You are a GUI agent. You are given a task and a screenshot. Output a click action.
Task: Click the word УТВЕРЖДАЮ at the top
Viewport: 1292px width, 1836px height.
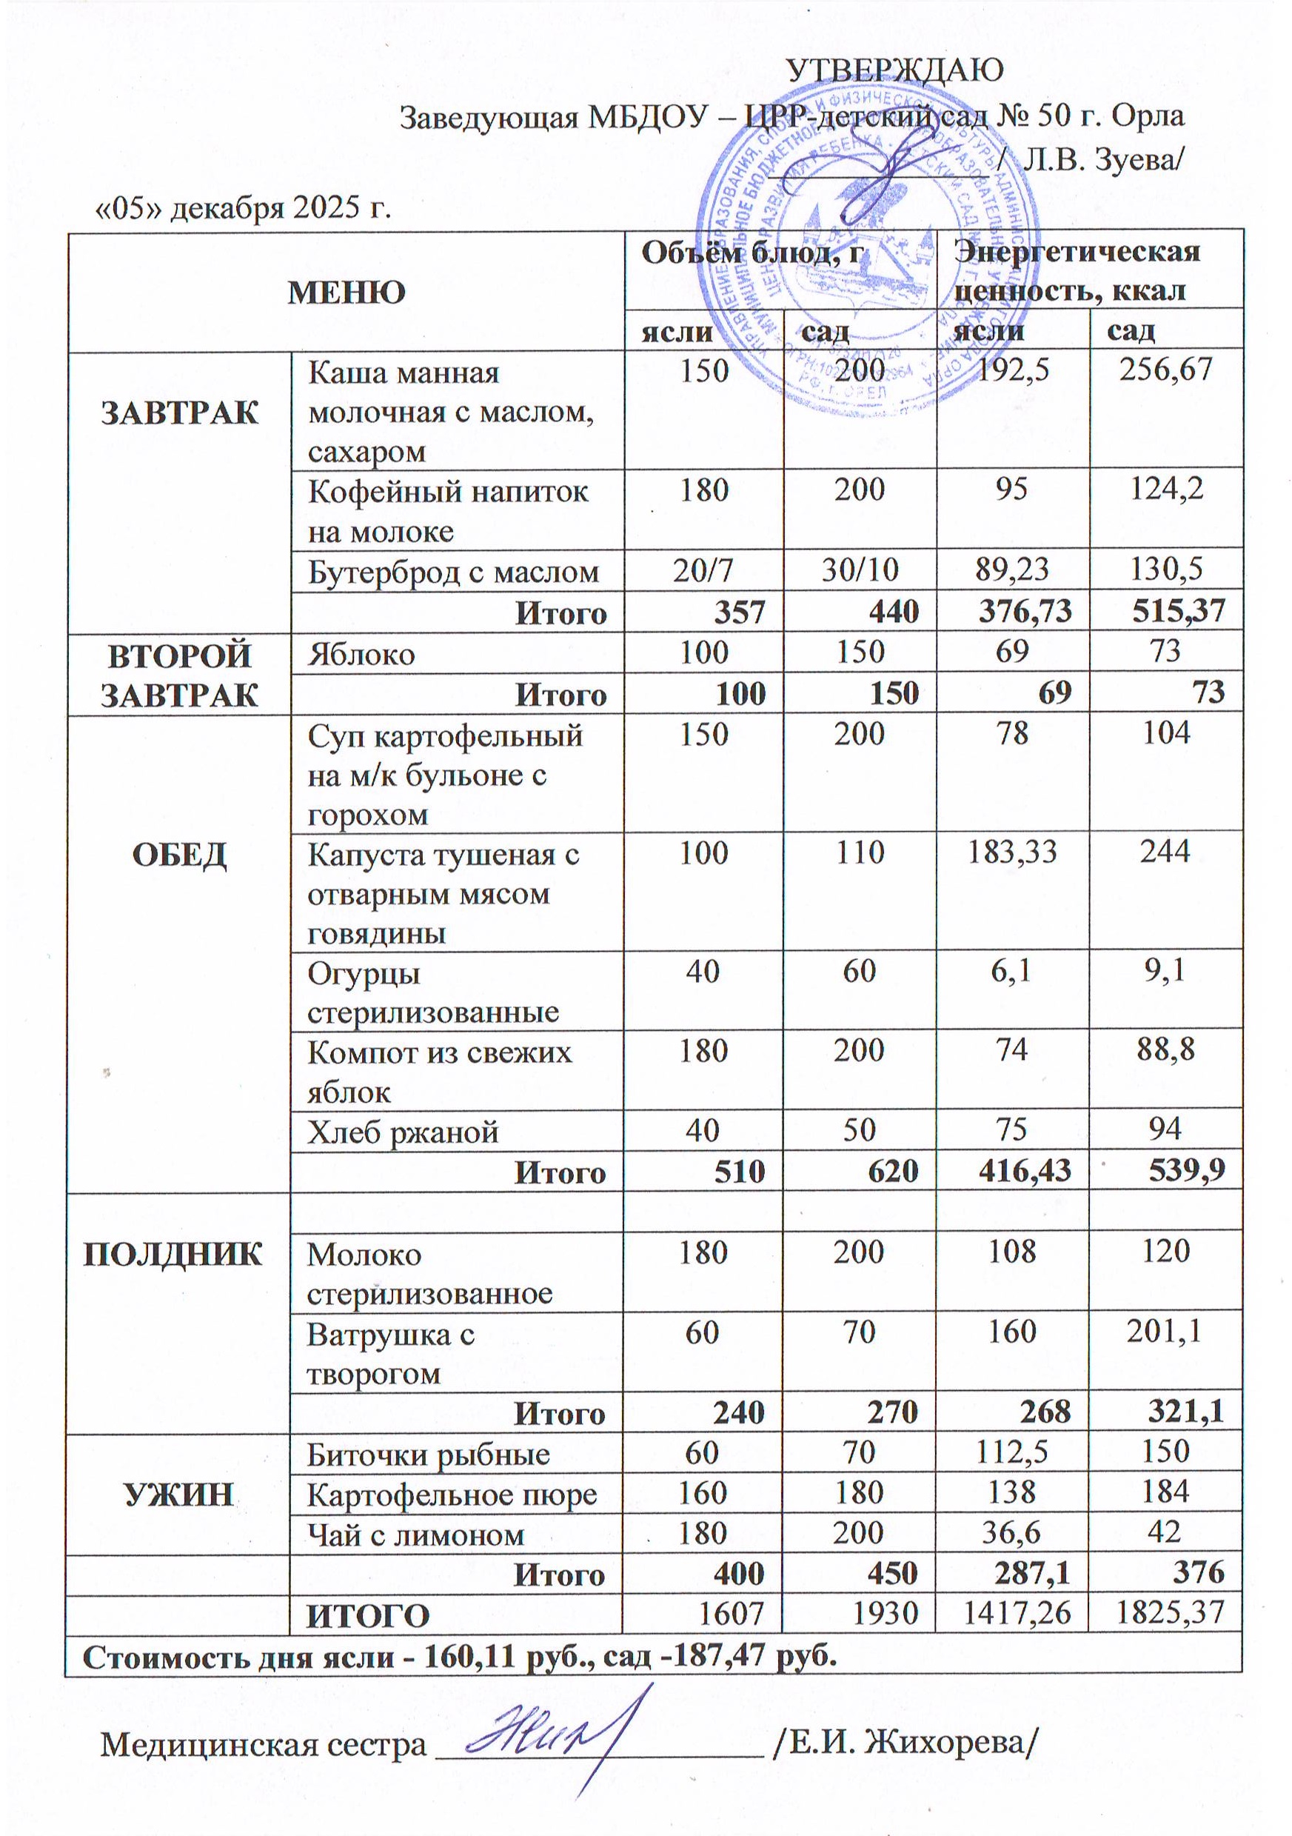pos(894,71)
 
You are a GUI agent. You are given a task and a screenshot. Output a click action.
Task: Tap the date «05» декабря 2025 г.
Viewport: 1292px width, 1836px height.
pos(243,208)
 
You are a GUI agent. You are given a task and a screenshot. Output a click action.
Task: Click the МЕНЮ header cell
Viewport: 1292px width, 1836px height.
pos(347,293)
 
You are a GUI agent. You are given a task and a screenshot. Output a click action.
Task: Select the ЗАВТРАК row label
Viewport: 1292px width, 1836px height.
pos(180,413)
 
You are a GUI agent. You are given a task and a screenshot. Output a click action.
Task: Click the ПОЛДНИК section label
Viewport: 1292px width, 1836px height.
pos(173,1253)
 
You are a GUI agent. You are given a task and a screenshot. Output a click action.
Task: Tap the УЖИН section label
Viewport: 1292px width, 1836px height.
pos(178,1494)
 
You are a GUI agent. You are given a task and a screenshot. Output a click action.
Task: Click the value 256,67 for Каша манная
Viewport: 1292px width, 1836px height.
pos(1165,370)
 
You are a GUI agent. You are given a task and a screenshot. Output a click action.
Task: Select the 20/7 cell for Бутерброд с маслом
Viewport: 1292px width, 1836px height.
pos(703,570)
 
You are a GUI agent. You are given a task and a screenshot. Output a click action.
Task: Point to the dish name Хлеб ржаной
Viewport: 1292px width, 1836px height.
pos(403,1132)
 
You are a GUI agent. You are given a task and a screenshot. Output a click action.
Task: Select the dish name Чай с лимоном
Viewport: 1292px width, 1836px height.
pos(416,1535)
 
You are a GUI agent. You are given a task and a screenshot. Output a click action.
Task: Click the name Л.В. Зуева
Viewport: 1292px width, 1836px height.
pos(1101,161)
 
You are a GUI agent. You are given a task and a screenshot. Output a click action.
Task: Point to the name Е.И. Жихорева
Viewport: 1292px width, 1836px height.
pos(907,1743)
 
